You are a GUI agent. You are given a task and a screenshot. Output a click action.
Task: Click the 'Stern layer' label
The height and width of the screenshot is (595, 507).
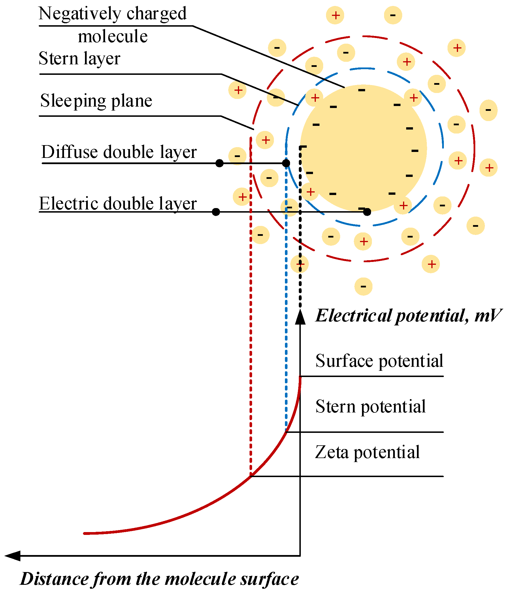pyautogui.click(x=79, y=58)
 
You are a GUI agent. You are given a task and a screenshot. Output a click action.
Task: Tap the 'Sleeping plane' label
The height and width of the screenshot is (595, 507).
pyautogui.click(x=96, y=101)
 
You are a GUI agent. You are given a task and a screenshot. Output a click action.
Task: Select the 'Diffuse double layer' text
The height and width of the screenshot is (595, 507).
pyautogui.click(x=119, y=152)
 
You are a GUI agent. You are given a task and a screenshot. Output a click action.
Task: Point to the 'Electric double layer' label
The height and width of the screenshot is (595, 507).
pyautogui.click(x=118, y=204)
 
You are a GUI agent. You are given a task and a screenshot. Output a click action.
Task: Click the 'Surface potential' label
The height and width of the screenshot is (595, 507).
pyautogui.click(x=379, y=361)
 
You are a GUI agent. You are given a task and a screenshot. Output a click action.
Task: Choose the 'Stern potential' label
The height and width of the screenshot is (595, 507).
pyautogui.click(x=370, y=406)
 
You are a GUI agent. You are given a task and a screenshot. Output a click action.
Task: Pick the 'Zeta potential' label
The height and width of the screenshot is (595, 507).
pyautogui.click(x=367, y=452)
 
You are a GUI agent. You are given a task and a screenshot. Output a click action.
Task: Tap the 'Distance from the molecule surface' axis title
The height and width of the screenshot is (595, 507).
pyautogui.click(x=159, y=579)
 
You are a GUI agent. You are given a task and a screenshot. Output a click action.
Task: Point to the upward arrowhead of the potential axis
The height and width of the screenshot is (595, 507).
pyautogui.click(x=300, y=317)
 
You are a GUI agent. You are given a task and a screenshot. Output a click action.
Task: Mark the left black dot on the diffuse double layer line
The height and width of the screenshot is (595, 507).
pyautogui.click(x=220, y=163)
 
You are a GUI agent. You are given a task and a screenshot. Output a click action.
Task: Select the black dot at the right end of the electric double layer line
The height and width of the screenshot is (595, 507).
pyautogui.click(x=367, y=212)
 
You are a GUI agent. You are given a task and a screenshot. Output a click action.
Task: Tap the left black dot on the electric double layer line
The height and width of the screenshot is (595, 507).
pyautogui.click(x=216, y=212)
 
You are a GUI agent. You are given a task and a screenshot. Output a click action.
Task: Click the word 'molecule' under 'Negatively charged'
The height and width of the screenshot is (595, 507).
pyautogui.click(x=113, y=37)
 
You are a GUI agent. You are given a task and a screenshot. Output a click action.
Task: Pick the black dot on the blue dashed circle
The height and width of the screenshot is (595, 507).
pyautogui.click(x=286, y=163)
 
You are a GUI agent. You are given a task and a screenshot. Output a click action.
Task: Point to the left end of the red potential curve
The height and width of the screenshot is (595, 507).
pyautogui.click(x=85, y=533)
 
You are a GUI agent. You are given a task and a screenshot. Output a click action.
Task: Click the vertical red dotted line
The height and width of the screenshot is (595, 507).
pyautogui.click(x=251, y=316)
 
